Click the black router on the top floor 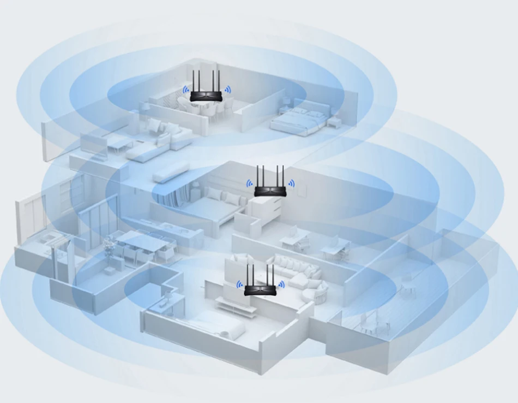pos(206,96)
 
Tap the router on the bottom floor pos(260,290)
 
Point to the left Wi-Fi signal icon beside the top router pos(185,91)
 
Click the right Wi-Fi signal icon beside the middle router pos(291,184)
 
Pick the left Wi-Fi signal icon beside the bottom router pos(239,284)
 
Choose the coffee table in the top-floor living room pos(121,144)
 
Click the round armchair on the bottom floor pos(319,293)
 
